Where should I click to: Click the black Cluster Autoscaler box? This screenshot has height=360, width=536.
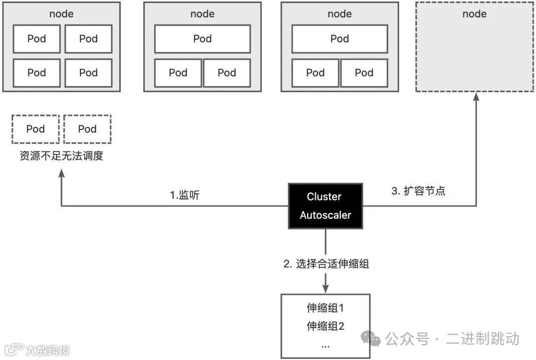tap(325, 206)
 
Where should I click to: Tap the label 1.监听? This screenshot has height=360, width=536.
tap(185, 195)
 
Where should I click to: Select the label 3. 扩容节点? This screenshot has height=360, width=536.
tap(418, 191)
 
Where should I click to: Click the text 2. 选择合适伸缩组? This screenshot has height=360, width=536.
tap(326, 264)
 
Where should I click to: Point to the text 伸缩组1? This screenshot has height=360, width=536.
tap(325, 308)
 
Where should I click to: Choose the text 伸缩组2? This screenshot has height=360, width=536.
tap(325, 326)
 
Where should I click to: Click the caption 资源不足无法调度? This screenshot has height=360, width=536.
tap(62, 156)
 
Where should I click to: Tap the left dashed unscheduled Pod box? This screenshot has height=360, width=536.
tap(36, 129)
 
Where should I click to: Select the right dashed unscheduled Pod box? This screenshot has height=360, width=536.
tap(87, 129)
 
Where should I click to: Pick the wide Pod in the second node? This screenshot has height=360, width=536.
tap(202, 39)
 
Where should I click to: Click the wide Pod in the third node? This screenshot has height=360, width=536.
tap(339, 39)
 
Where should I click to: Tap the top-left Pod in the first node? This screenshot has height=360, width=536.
tap(37, 39)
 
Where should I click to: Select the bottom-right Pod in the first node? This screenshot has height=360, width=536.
tap(88, 72)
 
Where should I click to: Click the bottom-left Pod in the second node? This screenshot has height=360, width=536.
tap(178, 72)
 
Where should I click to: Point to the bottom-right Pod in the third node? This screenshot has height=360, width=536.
tap(364, 72)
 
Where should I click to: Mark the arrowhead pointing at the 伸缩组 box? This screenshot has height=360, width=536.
tap(326, 289)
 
